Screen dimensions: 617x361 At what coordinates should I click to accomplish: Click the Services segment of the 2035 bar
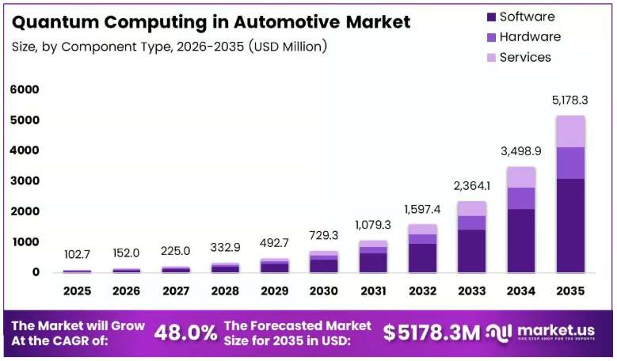(570, 131)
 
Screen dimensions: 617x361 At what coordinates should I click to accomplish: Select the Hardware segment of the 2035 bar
(570, 163)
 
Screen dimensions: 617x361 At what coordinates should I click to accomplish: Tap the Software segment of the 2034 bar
(521, 241)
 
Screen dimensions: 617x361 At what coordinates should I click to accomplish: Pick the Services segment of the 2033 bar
(472, 209)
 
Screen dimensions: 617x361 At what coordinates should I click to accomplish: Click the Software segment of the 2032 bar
(423, 258)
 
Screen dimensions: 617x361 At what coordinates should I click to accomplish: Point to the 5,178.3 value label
(569, 101)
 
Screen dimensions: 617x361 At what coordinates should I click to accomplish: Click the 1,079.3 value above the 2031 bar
(373, 225)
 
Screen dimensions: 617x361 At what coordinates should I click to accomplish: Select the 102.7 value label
(77, 255)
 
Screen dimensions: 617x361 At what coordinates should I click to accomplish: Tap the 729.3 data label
(324, 235)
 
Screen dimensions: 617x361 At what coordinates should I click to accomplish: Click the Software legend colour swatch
(491, 17)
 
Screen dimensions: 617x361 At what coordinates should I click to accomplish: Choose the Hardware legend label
(530, 37)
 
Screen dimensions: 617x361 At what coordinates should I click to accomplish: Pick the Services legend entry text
(525, 58)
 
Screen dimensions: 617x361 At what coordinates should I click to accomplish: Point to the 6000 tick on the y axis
(25, 89)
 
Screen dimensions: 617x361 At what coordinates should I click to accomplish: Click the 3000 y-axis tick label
(25, 180)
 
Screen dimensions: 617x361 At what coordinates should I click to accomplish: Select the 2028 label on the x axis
(225, 291)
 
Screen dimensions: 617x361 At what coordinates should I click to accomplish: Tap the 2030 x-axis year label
(323, 291)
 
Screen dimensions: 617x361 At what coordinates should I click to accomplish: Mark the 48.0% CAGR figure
(185, 332)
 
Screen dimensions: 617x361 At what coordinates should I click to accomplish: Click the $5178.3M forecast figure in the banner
(432, 332)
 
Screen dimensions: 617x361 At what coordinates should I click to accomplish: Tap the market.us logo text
(556, 330)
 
